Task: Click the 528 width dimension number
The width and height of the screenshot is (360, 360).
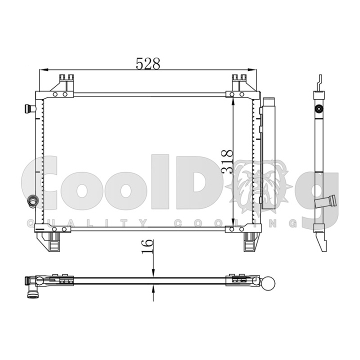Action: [148, 63]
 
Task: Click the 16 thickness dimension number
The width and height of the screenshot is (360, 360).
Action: [147, 246]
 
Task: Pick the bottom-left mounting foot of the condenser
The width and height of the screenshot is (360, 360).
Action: [49, 241]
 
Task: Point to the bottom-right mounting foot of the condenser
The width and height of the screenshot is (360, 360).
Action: [251, 241]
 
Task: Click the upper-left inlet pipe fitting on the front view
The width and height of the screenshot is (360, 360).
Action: [30, 108]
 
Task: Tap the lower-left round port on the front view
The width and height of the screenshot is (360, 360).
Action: [32, 201]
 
